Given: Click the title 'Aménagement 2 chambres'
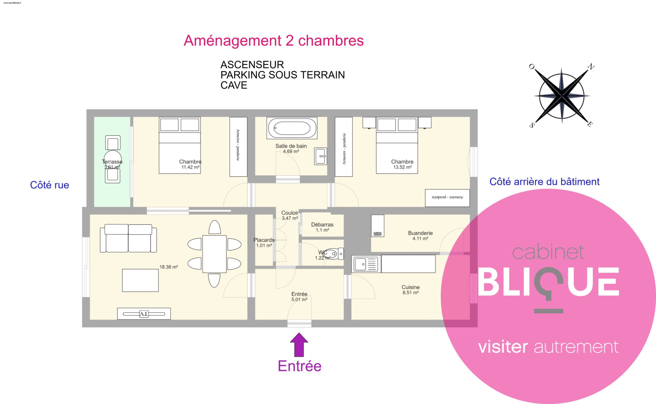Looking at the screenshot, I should point(273,41).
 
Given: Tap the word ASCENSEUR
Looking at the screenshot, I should point(252,65).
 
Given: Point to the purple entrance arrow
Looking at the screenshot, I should point(299,344).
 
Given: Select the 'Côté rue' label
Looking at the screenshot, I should point(50,185).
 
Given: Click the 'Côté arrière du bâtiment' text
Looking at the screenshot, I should point(544,182).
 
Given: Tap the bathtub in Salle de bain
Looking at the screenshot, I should point(292,128).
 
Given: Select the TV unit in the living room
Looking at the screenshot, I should point(144,314).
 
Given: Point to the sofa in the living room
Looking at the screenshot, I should point(128,239).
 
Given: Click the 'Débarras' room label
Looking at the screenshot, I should point(322,225).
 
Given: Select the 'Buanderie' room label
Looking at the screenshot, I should point(420,233).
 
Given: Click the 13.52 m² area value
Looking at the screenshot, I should point(402,167).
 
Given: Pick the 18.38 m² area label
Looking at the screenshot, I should point(169,267).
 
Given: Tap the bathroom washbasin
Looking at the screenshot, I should point(321,156).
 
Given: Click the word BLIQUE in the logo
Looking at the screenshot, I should point(548,282).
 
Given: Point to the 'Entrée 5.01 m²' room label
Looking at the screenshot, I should point(299,297).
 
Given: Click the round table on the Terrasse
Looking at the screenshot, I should point(112,160).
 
